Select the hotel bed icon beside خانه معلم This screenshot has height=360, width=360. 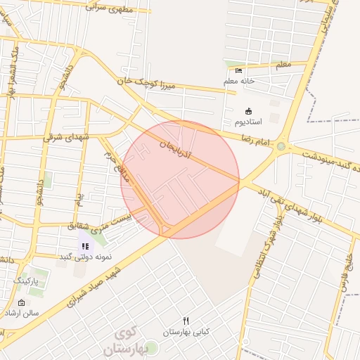pyautogui.click(x=238, y=70)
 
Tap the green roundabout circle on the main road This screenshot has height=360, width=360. pyautogui.click(x=281, y=147)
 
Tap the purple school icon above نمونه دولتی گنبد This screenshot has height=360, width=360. pyautogui.click(x=85, y=246)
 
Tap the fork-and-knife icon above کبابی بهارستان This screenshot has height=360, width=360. pyautogui.click(x=186, y=321)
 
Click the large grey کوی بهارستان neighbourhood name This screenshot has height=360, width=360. pyautogui.click(x=127, y=340)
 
